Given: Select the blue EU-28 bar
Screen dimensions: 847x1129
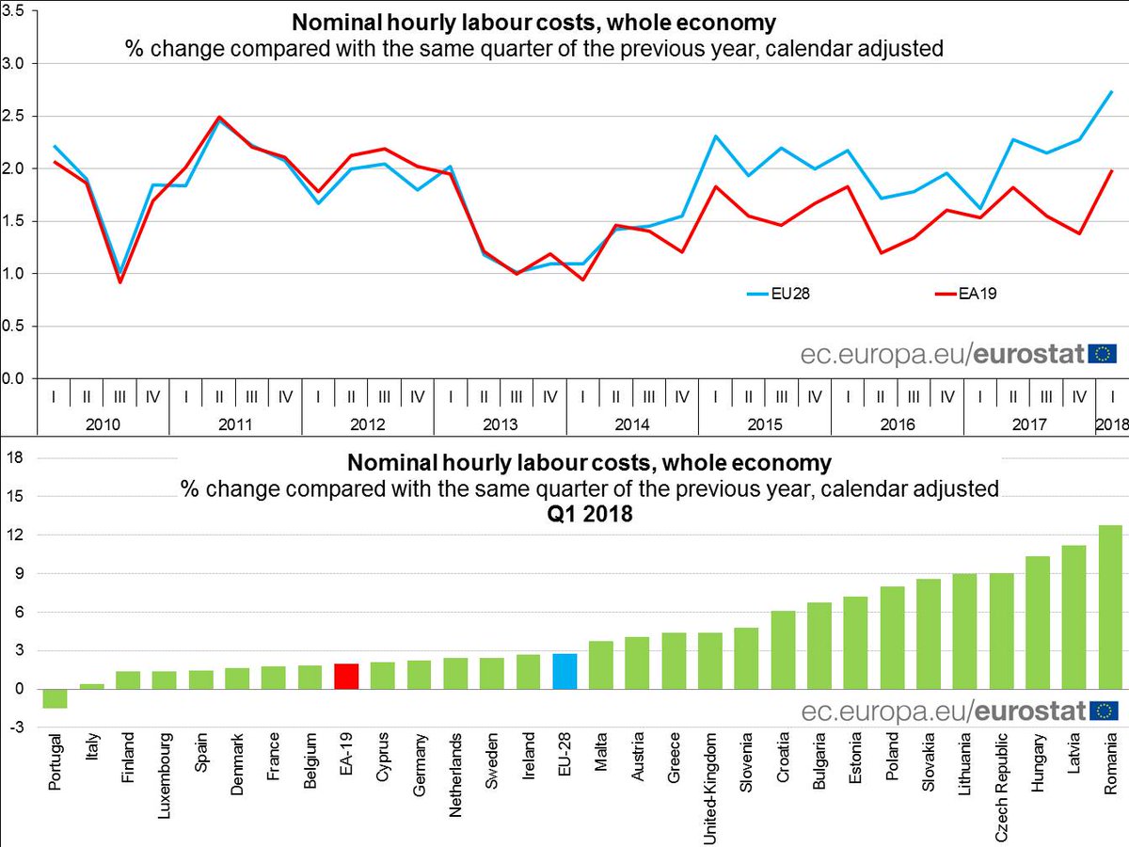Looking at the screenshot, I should point(564,671).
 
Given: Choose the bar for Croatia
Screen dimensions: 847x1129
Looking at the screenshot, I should point(782,649).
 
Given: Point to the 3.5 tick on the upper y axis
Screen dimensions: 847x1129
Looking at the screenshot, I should point(18,11).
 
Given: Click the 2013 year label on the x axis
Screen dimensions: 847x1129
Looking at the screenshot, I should point(500,424).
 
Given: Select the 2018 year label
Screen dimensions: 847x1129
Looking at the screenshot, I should point(1112,424).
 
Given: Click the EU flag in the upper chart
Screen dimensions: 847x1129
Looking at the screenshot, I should point(1102,354).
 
